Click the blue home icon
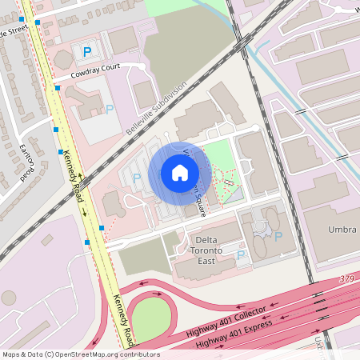180,172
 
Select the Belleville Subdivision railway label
155,106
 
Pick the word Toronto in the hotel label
206,251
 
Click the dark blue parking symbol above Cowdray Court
86,51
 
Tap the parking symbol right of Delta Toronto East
241,255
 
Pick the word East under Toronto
206,262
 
